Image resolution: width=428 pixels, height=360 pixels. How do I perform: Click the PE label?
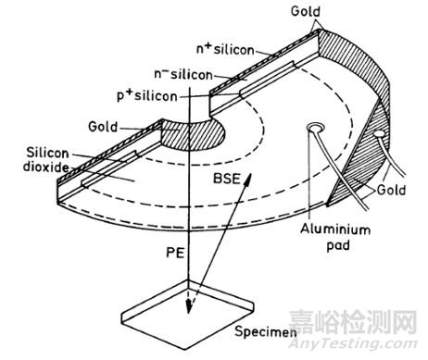pos(171,249)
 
